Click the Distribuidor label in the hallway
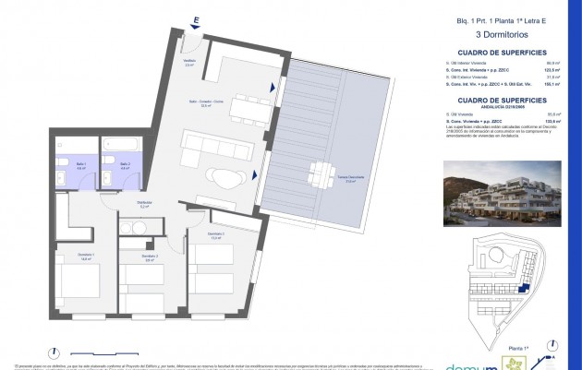(x=144, y=206)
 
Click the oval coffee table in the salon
(x=224, y=174)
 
